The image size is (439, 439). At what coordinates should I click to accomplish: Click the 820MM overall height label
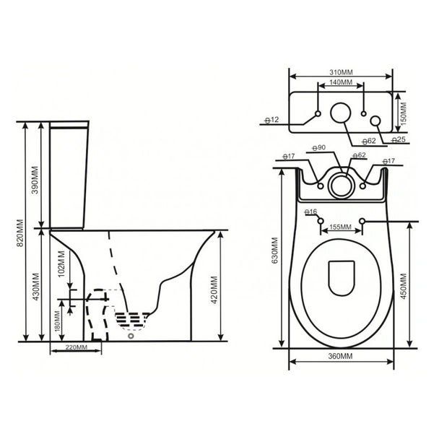20,233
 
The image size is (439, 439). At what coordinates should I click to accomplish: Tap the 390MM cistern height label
35,180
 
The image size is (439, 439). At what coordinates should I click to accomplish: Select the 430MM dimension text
36,287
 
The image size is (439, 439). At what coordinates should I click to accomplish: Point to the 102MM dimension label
61,264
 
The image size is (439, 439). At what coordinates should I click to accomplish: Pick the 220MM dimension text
77,347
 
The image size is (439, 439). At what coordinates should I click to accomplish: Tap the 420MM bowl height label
214,290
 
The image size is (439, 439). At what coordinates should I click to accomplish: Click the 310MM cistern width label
341,72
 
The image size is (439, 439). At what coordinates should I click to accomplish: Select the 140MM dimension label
341,82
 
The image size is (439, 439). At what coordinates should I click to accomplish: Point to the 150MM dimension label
404,113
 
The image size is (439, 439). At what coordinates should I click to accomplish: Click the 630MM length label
275,251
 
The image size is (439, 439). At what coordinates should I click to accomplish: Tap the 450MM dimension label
404,286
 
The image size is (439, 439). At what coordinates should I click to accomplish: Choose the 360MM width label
341,356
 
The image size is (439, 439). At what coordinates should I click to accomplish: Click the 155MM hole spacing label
340,227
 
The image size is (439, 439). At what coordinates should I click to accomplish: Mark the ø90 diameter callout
319,147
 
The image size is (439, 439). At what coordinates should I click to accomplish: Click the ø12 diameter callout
272,120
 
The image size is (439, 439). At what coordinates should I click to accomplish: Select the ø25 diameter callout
398,139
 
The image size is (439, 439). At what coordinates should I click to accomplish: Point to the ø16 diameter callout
310,212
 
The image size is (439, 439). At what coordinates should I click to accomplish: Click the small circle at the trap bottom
131,336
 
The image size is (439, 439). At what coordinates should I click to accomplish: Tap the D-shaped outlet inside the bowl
342,278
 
